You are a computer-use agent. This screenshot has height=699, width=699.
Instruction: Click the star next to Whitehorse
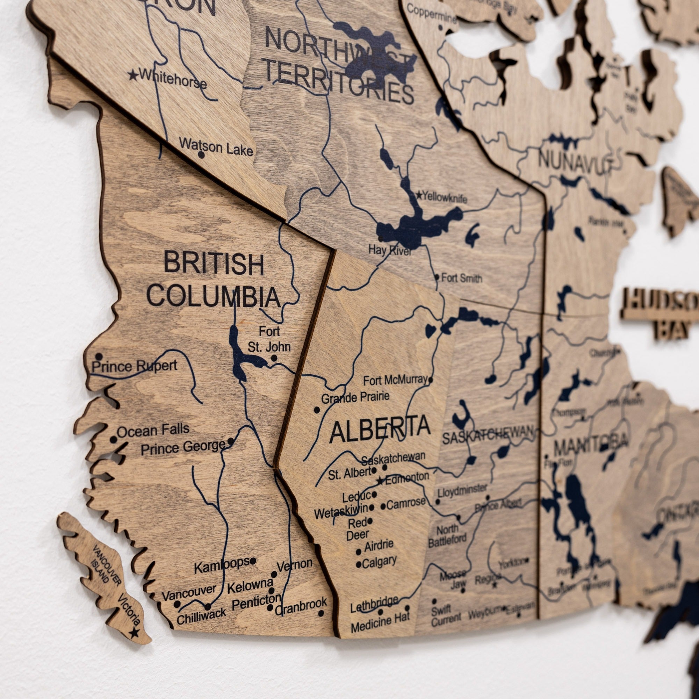point(133,75)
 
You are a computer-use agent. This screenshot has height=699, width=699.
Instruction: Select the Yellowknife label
point(445,197)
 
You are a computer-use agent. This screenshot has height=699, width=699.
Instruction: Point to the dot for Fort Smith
point(437,278)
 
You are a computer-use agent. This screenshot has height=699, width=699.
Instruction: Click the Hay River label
point(390,250)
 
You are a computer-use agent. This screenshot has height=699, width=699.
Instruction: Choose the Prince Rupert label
point(134,366)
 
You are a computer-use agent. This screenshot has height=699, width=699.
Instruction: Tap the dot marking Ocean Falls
point(114,440)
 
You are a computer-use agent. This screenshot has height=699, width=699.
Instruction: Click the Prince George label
point(183,448)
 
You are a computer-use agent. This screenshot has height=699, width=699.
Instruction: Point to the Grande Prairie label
point(355,397)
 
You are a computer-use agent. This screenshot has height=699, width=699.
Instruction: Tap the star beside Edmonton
point(380,481)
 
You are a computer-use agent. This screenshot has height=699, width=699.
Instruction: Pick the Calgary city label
point(379,562)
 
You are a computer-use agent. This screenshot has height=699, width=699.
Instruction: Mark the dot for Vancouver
point(177,604)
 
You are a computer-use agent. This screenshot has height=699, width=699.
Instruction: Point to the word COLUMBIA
point(214,297)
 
